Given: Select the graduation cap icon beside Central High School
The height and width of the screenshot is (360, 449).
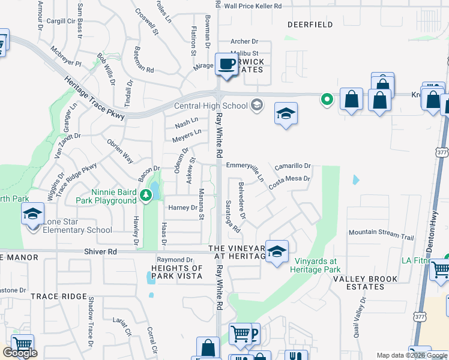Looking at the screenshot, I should [x=286, y=113].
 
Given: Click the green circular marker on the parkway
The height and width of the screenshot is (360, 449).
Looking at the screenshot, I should [x=327, y=99].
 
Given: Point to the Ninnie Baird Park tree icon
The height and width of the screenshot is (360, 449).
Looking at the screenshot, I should [x=145, y=195].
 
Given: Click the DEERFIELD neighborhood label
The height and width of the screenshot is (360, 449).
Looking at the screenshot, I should [x=310, y=25].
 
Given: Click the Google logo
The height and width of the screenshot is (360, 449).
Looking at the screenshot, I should [x=20, y=353].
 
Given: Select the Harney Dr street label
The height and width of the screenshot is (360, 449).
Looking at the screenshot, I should [x=182, y=208].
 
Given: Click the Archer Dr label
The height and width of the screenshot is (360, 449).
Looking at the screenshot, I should [x=244, y=41].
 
